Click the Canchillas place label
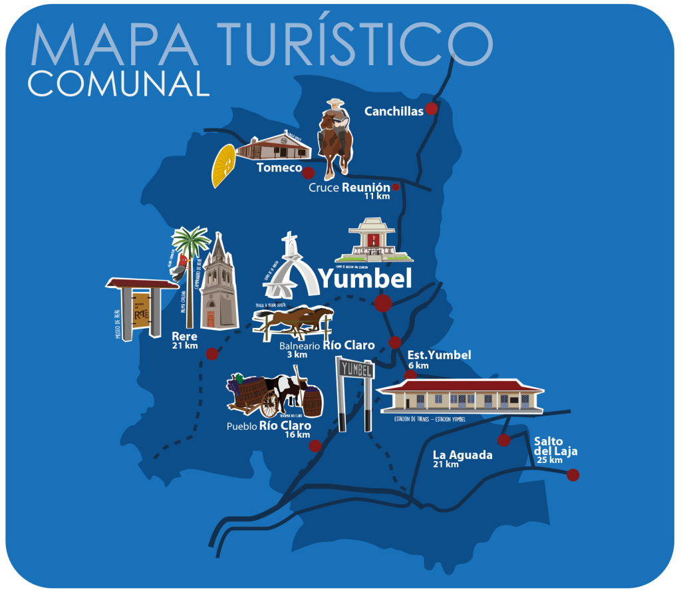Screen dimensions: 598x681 coord(394,112)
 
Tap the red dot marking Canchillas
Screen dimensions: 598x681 coord(432,108)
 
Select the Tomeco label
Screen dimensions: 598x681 coord(279,168)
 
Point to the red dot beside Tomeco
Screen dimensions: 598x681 coord(308,173)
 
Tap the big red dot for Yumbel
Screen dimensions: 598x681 coord(383,304)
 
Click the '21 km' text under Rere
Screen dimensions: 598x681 coord(184,346)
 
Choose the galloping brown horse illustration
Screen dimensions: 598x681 coord(295,320)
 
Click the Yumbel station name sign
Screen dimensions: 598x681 coord(355,369)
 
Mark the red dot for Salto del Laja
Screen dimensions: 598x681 coord(573,475)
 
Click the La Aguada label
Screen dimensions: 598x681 coord(462,455)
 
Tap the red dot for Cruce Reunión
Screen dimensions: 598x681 coord(396,187)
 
